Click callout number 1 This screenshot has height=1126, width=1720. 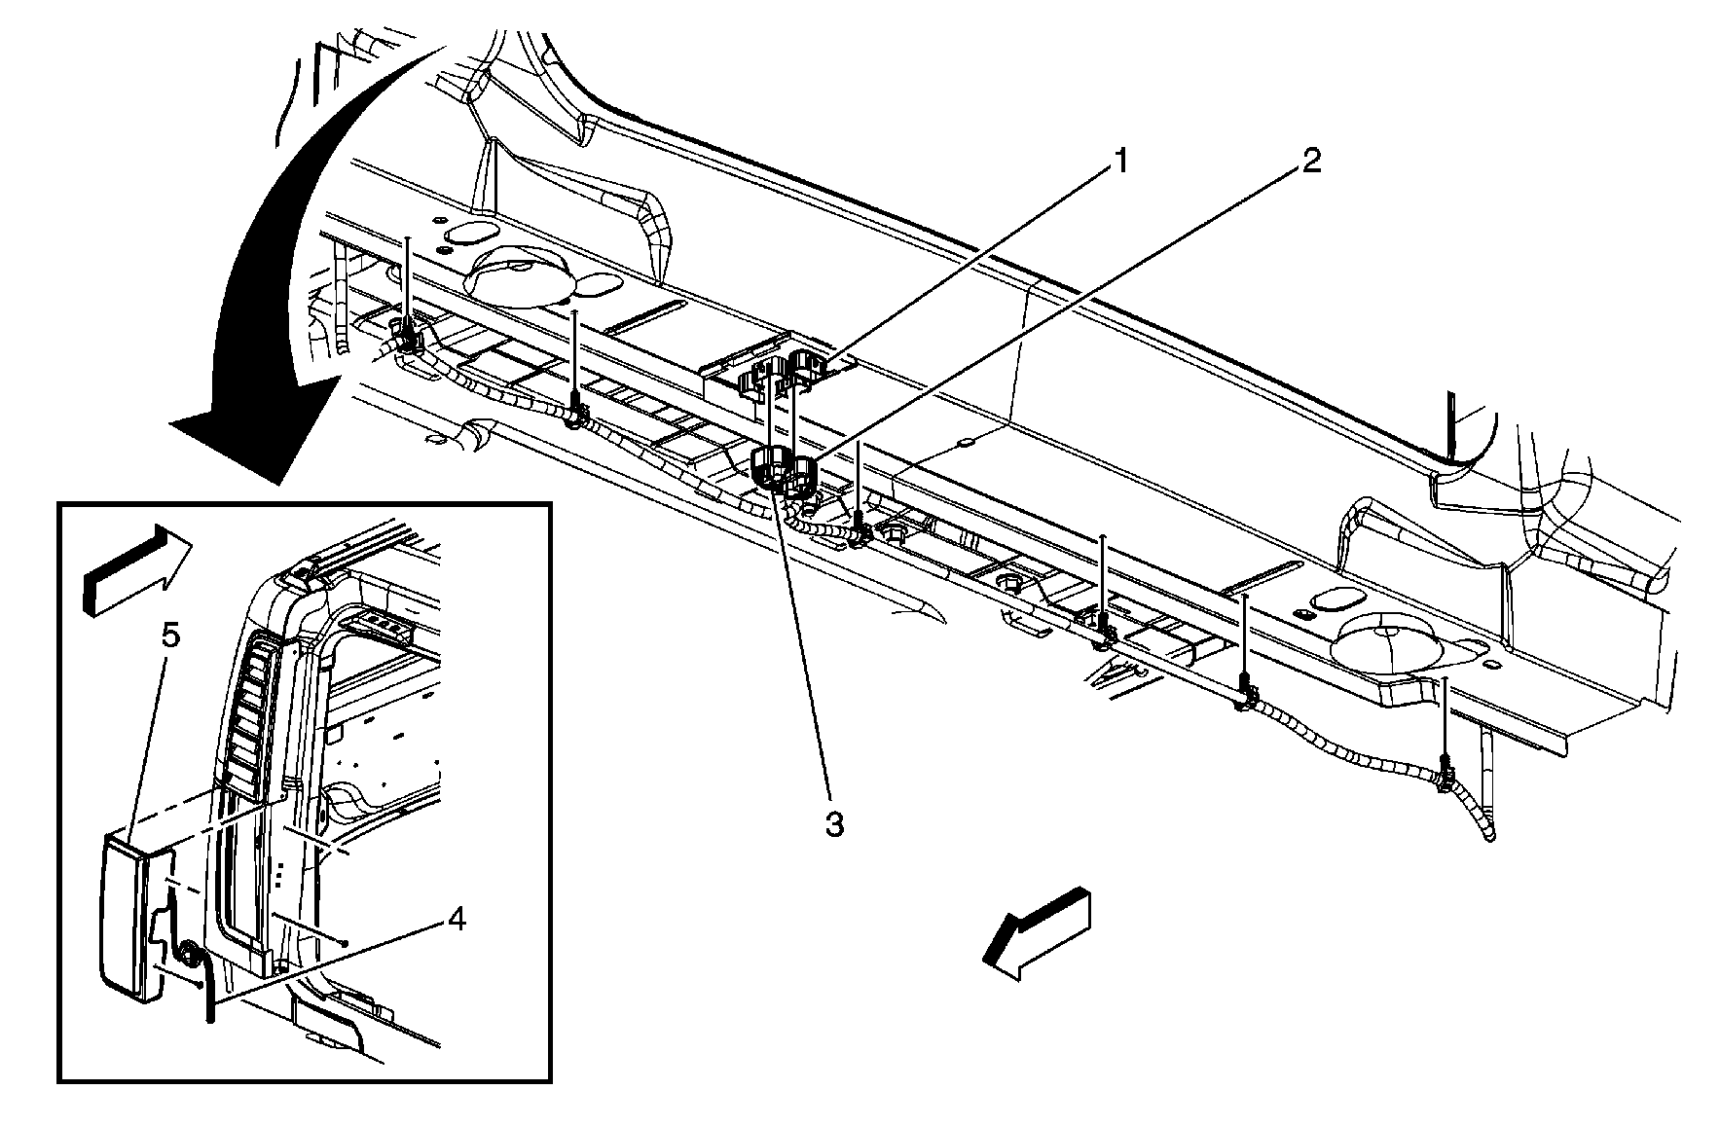pyautogui.click(x=1120, y=161)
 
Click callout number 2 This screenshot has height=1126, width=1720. pyautogui.click(x=1311, y=161)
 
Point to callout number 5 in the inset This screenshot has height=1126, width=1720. pyautogui.click(x=170, y=636)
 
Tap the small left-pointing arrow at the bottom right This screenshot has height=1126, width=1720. pyautogui.click(x=1038, y=933)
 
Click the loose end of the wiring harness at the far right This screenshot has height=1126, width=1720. pyautogui.click(x=1488, y=834)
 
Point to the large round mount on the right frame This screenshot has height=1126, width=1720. pyautogui.click(x=1381, y=646)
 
